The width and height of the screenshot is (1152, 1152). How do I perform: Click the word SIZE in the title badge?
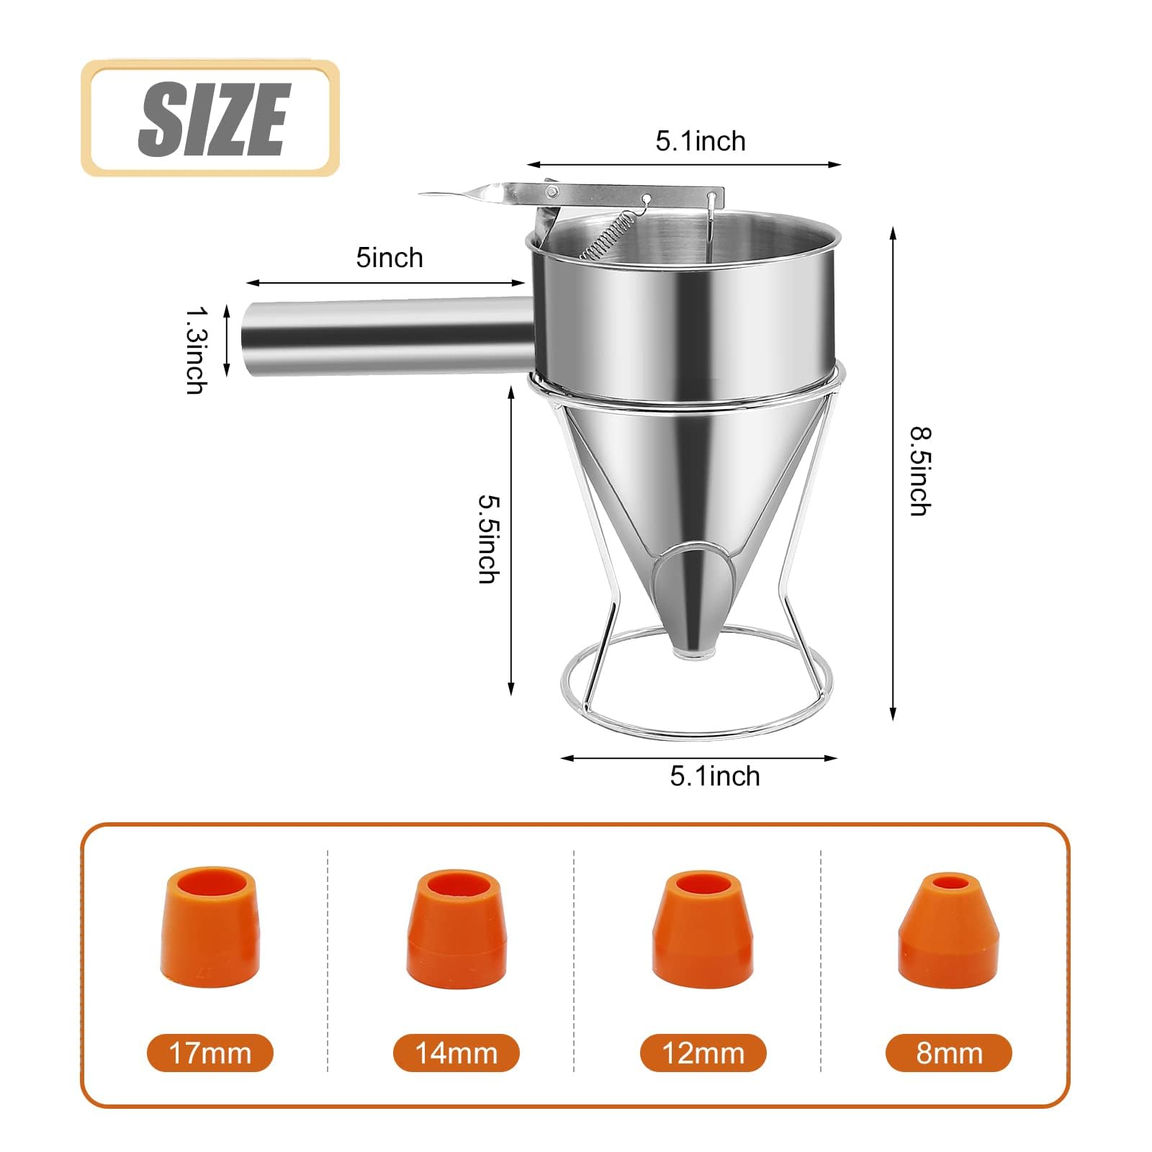[x=214, y=119]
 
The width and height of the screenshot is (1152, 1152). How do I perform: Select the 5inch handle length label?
[x=390, y=258]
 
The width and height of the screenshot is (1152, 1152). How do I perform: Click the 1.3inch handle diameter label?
[x=197, y=351]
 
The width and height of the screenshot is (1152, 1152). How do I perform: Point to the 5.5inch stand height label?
[x=490, y=538]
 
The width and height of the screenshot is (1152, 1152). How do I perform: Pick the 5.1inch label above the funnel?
[x=701, y=141]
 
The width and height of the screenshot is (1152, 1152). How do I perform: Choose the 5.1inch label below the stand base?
[x=715, y=776]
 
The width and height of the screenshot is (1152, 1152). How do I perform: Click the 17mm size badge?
[x=210, y=1053]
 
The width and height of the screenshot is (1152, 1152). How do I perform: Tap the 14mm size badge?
[x=456, y=1053]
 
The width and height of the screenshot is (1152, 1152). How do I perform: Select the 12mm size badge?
[x=703, y=1053]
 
